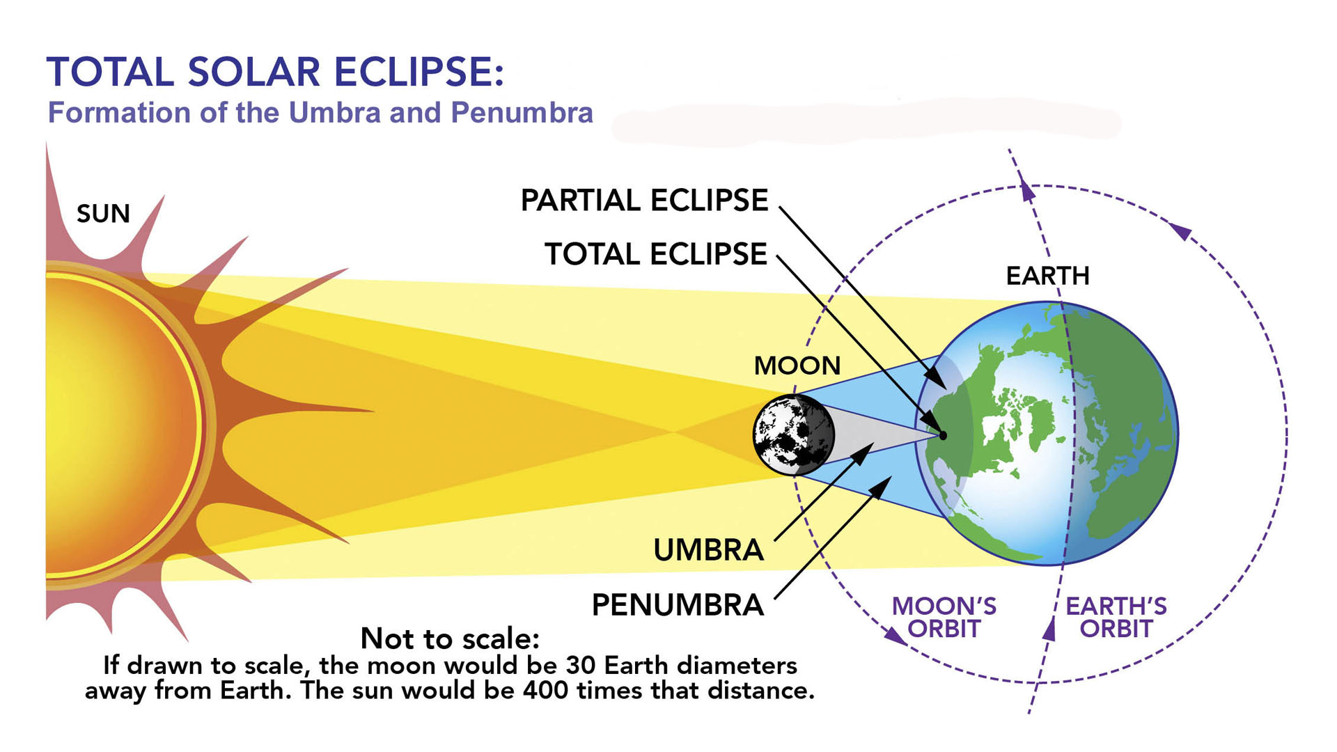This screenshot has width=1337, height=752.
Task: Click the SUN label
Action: (x=103, y=214)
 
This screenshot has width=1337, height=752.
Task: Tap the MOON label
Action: (x=797, y=366)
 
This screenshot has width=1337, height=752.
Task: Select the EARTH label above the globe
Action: (x=1047, y=276)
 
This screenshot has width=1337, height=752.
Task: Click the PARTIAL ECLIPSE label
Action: (x=644, y=201)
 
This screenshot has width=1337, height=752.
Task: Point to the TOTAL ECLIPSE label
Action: (x=655, y=254)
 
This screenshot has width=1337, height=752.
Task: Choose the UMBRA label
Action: (x=708, y=550)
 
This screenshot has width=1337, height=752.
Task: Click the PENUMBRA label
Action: (x=678, y=604)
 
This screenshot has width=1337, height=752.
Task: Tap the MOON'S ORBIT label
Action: (x=944, y=618)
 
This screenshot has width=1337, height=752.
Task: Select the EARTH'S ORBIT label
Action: (x=1116, y=618)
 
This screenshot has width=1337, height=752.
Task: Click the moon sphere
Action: (x=794, y=435)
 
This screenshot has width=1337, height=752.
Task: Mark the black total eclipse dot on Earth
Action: (x=943, y=436)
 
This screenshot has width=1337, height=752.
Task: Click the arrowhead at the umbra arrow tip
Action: (x=863, y=453)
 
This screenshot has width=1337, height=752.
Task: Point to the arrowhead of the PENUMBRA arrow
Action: (x=882, y=487)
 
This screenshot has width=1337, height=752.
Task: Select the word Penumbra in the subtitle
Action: (x=522, y=113)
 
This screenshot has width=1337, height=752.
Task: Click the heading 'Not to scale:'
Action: (x=450, y=638)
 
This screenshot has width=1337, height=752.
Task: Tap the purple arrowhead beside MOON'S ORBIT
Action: (x=893, y=636)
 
